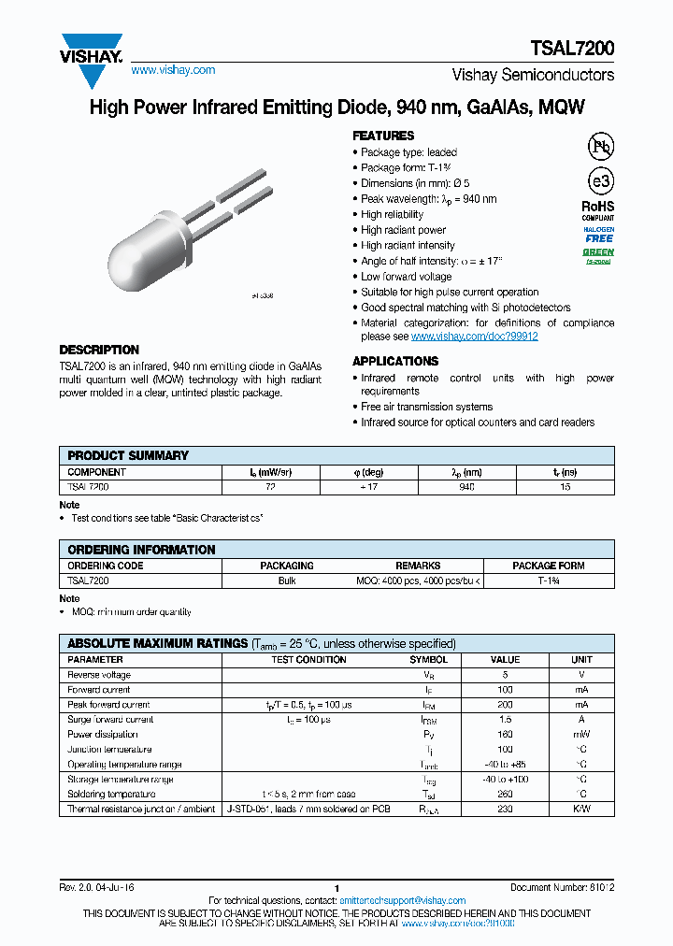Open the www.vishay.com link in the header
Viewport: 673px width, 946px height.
click(x=173, y=70)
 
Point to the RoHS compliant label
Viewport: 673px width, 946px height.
click(x=598, y=210)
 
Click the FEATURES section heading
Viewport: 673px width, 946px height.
click(x=383, y=136)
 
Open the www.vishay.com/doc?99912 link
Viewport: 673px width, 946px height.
click(x=474, y=337)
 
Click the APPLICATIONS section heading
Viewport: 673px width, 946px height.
click(x=395, y=361)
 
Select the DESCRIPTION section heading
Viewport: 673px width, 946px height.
click(x=99, y=350)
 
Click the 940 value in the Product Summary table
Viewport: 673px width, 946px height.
click(x=467, y=487)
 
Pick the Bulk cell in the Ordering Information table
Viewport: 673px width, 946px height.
click(x=287, y=580)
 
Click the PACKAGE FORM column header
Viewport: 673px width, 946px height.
click(x=548, y=566)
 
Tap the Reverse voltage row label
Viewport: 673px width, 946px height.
click(x=99, y=675)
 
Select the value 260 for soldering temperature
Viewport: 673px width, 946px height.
click(x=505, y=795)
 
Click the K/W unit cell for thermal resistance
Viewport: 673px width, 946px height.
click(x=581, y=810)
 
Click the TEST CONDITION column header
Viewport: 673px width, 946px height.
click(x=308, y=660)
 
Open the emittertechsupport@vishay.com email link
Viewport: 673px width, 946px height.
click(x=402, y=901)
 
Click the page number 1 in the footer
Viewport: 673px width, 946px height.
click(x=336, y=888)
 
